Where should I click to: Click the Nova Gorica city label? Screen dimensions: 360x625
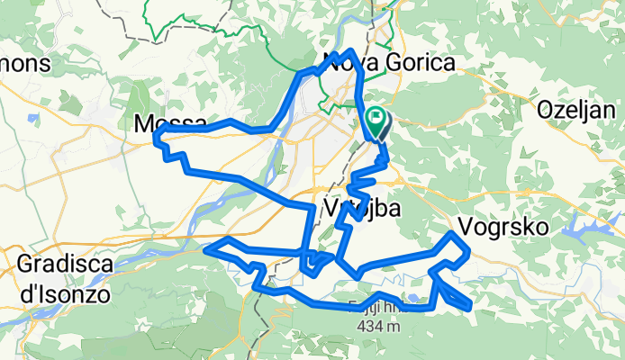[389, 61]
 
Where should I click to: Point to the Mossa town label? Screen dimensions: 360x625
[170, 124]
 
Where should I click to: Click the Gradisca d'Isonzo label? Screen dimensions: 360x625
[63, 278]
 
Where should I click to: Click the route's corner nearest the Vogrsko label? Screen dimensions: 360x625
[451, 234]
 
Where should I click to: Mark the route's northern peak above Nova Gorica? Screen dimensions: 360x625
[350, 51]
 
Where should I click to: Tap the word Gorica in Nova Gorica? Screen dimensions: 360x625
[419, 61]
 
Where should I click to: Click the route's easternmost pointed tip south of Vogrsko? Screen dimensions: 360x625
[470, 309]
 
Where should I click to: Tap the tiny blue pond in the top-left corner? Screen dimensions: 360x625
[32, 117]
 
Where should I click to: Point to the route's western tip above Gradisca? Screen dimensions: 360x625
[208, 247]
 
